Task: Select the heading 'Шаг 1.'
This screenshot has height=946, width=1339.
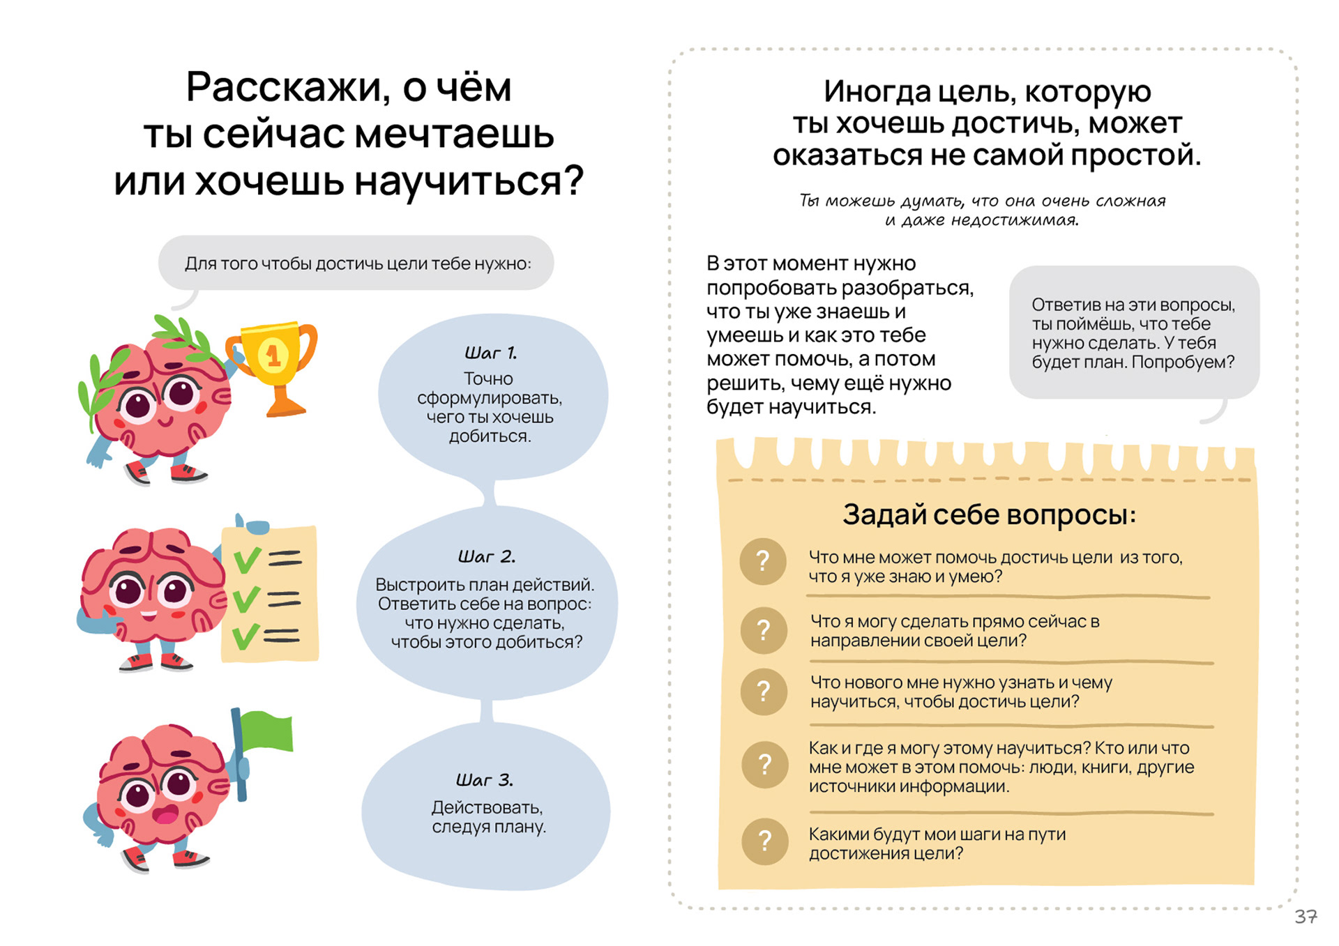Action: point(491,353)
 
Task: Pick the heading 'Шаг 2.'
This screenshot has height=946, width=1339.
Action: point(487,557)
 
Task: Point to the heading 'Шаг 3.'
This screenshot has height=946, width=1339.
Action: point(485,780)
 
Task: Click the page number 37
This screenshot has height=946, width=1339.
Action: point(1306,917)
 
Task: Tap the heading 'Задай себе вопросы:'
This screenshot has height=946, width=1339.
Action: point(989,514)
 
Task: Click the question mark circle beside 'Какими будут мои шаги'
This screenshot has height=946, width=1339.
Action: point(764,841)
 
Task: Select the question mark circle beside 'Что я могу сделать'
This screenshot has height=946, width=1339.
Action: point(764,630)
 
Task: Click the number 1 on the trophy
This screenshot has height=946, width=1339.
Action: point(273,356)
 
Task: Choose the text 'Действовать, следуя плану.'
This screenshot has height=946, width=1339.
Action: point(488,817)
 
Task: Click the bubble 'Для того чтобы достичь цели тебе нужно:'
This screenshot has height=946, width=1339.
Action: point(357,264)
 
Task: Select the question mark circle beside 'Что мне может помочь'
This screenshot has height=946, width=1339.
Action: point(763,561)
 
